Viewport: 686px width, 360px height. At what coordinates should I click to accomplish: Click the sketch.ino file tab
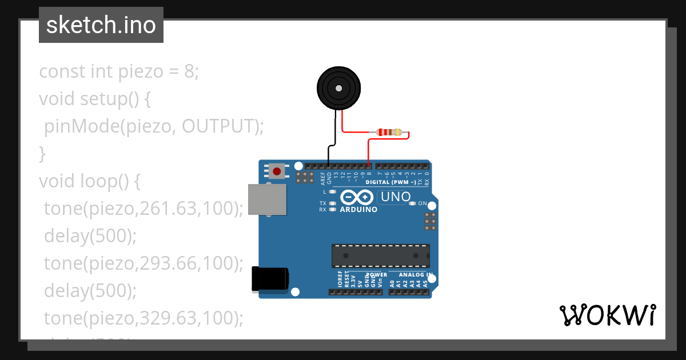click(101, 25)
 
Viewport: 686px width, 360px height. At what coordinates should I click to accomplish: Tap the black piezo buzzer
click(338, 88)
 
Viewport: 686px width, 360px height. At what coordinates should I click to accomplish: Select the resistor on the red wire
click(389, 133)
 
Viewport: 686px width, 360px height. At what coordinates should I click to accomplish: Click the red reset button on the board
click(277, 170)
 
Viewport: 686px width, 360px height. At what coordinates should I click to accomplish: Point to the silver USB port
click(267, 200)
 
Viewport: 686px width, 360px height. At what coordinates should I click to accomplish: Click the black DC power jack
click(270, 280)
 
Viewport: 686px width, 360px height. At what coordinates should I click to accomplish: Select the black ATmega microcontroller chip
click(381, 255)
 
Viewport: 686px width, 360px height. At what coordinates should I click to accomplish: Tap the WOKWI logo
click(607, 315)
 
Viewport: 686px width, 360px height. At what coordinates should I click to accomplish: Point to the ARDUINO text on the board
click(359, 210)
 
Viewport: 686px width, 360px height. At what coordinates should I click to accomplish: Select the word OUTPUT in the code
click(219, 126)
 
